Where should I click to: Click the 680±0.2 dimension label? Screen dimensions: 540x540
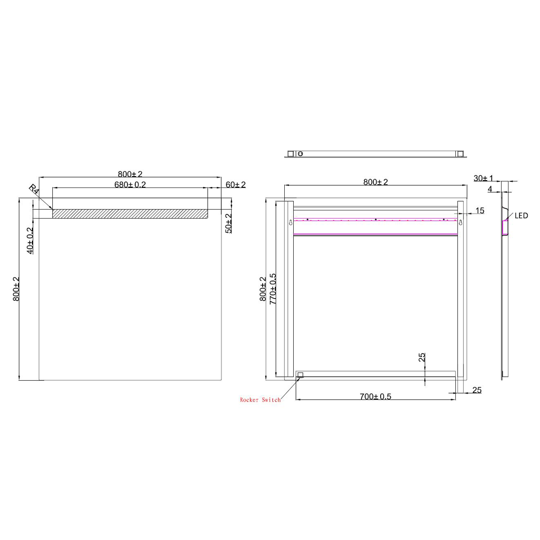click(x=130, y=184)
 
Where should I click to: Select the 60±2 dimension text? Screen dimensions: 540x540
click(x=235, y=184)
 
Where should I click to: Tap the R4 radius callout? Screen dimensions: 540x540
click(x=34, y=189)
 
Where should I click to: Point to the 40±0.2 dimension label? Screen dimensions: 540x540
click(x=30, y=241)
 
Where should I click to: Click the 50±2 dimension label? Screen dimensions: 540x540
click(x=229, y=223)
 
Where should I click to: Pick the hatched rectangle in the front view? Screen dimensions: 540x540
click(x=130, y=214)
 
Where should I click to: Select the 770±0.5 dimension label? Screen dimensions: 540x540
click(x=273, y=289)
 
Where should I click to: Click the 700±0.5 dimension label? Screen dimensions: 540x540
click(x=375, y=397)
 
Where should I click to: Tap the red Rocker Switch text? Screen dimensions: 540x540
click(x=260, y=400)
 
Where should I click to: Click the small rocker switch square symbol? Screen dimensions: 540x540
click(x=300, y=375)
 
